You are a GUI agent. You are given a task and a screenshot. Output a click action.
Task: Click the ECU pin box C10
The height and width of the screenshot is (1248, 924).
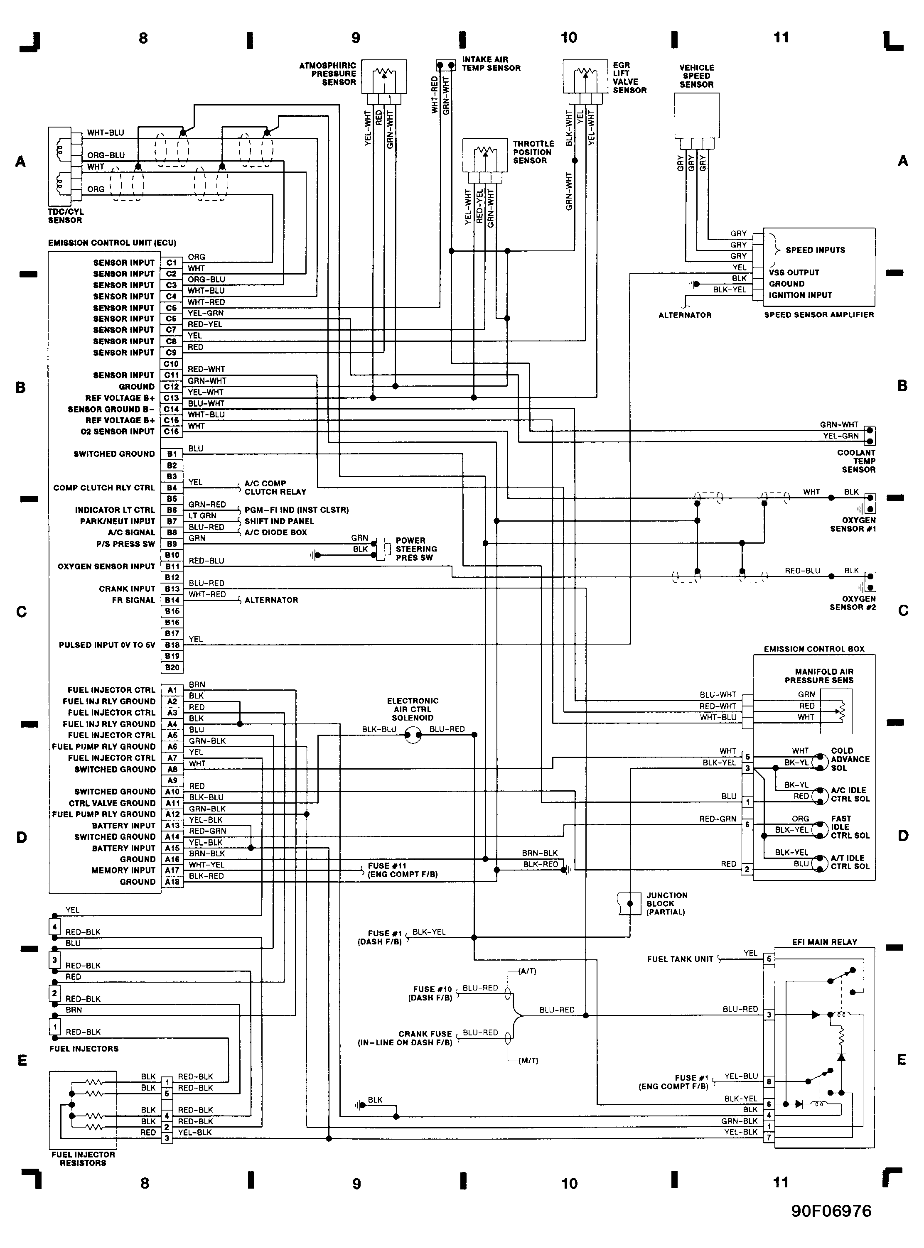(172, 364)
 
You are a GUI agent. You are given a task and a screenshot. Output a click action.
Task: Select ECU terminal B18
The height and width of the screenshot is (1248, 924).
(172, 645)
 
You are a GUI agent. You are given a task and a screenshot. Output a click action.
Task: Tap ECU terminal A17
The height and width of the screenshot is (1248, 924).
(172, 870)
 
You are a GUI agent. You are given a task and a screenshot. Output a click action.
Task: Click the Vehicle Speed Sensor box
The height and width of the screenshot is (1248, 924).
(696, 115)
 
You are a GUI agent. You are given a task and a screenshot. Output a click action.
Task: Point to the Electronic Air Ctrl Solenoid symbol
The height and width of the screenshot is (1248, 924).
(413, 735)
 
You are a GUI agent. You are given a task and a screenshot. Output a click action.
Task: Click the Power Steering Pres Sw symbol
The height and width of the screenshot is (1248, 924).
(381, 549)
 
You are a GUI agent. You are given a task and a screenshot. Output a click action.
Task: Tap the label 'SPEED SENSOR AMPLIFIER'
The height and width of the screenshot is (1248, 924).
(819, 315)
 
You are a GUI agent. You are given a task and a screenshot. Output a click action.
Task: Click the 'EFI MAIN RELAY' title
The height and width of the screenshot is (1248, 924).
(824, 942)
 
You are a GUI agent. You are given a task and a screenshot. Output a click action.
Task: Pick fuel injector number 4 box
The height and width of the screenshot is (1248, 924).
(54, 927)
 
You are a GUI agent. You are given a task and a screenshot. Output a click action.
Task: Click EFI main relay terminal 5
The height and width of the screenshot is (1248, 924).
(769, 959)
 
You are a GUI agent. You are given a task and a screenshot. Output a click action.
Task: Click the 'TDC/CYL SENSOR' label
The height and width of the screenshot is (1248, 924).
(65, 216)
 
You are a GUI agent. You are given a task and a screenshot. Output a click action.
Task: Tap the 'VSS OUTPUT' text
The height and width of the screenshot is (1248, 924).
(794, 272)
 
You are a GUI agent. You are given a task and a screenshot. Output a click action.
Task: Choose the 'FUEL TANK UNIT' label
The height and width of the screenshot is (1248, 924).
(680, 959)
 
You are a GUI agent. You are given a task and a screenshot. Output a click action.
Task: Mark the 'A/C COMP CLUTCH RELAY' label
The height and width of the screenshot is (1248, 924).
(275, 488)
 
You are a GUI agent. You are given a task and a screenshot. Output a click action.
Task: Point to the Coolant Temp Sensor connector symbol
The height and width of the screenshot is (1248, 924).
(870, 436)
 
